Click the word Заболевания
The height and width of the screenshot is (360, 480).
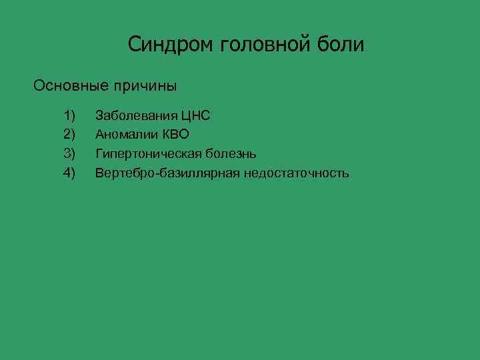[x=137, y=116]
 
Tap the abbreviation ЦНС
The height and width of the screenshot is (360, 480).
[x=195, y=116]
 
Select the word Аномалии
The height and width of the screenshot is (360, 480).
[x=125, y=135]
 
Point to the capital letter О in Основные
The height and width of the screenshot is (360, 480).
[x=39, y=86]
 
